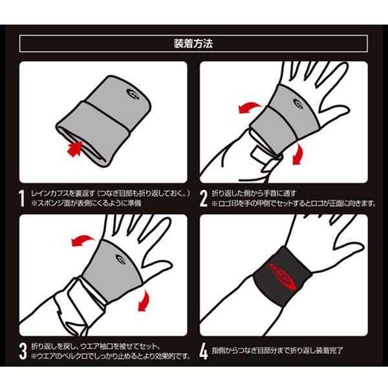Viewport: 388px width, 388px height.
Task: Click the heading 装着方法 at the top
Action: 193,44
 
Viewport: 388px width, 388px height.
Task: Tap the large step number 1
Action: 22,199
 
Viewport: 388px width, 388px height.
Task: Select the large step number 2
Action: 204,199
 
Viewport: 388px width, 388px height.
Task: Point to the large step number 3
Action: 23,351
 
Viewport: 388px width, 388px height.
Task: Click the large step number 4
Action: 204,351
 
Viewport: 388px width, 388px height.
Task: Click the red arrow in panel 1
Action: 75,149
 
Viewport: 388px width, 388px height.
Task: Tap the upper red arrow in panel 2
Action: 250,107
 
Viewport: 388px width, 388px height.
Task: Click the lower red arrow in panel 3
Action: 144,301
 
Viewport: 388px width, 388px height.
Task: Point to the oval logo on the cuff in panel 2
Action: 298,103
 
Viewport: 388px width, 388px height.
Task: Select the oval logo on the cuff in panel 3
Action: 121,259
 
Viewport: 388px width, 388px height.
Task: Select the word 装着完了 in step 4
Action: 329,350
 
